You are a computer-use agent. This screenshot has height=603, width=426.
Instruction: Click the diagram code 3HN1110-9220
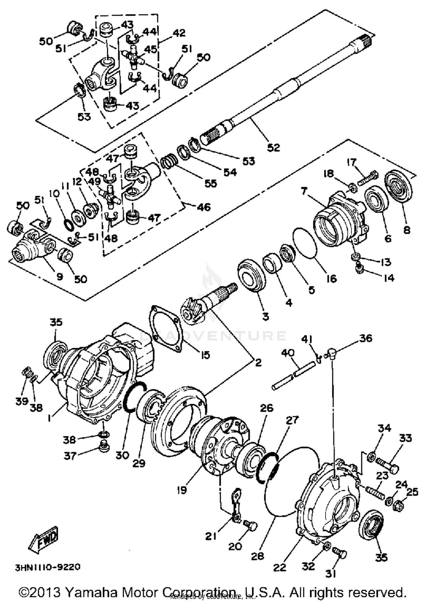click(48, 567)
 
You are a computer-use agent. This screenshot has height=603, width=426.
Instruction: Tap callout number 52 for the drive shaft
click(273, 147)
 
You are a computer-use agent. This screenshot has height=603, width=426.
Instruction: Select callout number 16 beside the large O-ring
click(331, 278)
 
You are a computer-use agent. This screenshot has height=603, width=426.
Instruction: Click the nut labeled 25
click(399, 506)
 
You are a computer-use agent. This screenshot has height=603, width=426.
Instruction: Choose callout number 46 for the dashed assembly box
click(203, 207)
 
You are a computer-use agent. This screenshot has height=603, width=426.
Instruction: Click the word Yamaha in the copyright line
click(91, 592)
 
